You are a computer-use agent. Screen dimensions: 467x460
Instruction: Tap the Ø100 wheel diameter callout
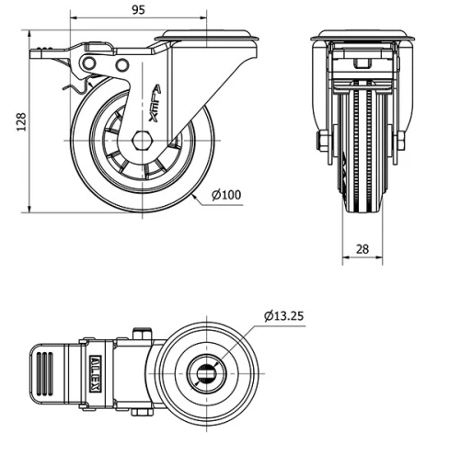(x=226, y=194)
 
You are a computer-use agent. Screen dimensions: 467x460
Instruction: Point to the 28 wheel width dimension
(x=362, y=249)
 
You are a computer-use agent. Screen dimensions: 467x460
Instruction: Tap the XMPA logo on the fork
(x=150, y=104)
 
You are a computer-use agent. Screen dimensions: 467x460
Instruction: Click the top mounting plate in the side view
(x=208, y=38)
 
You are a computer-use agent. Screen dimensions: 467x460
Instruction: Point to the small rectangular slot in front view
(x=362, y=63)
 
